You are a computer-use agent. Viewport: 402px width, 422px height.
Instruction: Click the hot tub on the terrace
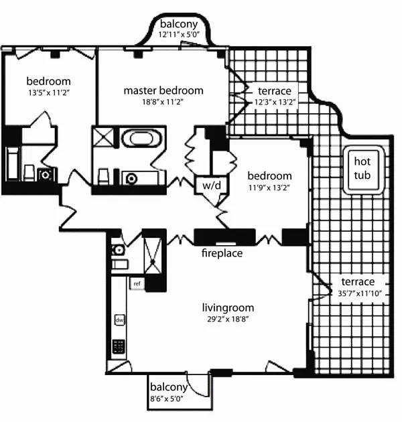point(362,170)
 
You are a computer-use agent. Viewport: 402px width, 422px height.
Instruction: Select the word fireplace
point(222,254)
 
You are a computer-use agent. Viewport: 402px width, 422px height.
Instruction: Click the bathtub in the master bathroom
point(141,139)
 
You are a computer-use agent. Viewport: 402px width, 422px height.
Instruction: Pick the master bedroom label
point(163,90)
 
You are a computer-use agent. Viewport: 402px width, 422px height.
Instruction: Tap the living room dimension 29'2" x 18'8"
point(228,320)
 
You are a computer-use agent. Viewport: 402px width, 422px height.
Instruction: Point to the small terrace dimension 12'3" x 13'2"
point(275,101)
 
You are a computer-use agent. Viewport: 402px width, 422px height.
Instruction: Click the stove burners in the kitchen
point(119,346)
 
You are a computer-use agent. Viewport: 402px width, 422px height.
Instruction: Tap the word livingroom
point(228,308)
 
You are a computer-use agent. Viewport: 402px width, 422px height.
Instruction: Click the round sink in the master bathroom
point(131,178)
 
